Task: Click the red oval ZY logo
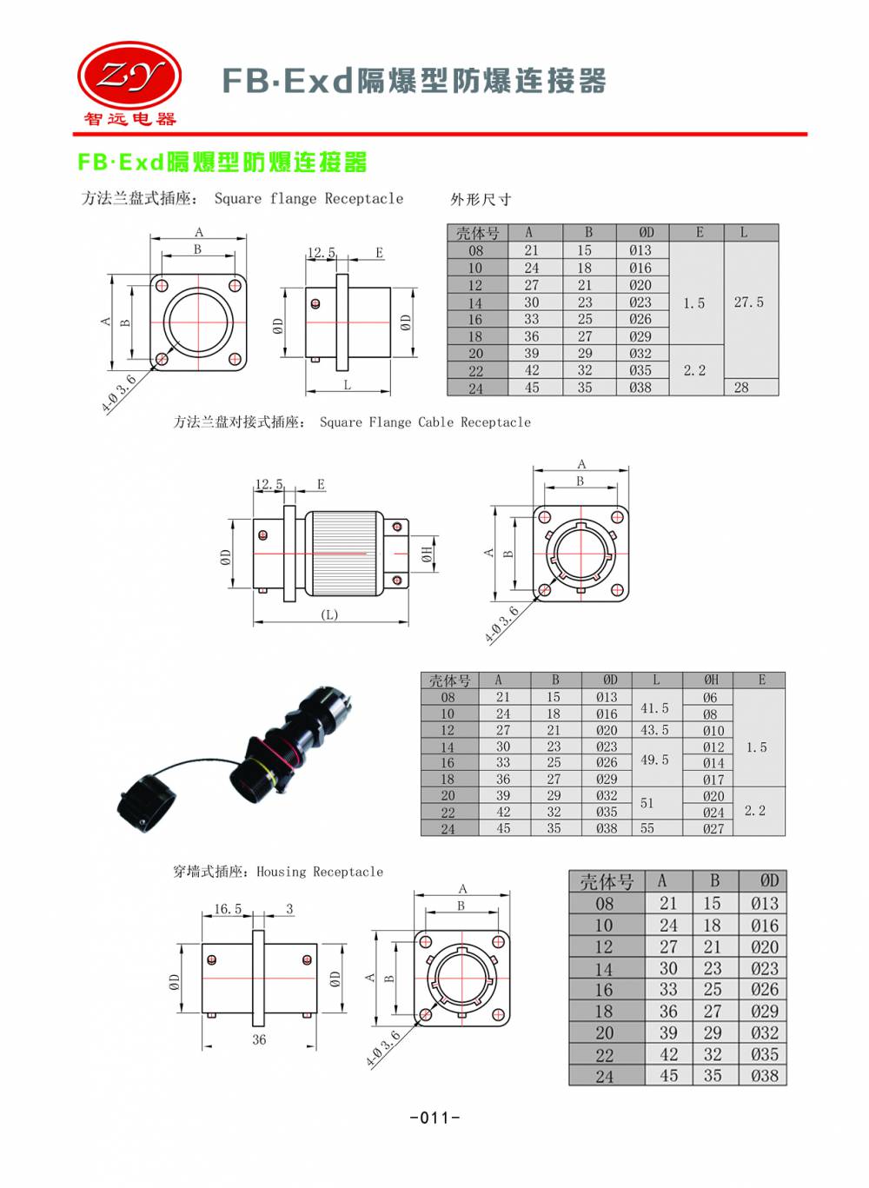pos(129,76)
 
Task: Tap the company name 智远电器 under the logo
pos(129,119)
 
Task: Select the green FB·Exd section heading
pos(222,163)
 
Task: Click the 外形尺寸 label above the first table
pos(481,199)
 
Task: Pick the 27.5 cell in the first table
pos(749,302)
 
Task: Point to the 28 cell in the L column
pos(741,388)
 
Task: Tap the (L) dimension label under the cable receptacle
pos(329,614)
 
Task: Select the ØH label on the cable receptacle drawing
pos(427,554)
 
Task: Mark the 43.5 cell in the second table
pos(654,730)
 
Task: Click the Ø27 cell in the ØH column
pos(713,828)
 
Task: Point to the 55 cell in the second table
pos(647,828)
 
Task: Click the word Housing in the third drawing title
pos(282,872)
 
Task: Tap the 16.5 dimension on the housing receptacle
pos(228,909)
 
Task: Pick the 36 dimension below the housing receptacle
pos(259,1039)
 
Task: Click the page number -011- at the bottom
pos(434,1118)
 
